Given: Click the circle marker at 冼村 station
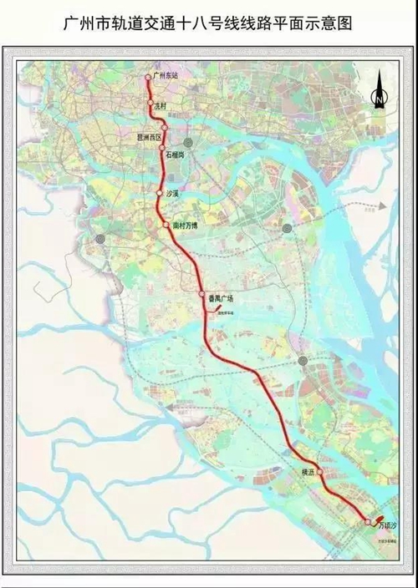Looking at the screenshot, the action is pos(151,104).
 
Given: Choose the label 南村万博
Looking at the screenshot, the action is pos(184,226).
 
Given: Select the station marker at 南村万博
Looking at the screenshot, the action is pos(166,224).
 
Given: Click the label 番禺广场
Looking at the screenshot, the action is pos(222,298).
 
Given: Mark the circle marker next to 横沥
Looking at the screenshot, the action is pos(319,471).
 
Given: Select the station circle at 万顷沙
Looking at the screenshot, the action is pos(368,523).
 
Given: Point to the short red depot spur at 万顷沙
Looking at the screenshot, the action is pos(378,516).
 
